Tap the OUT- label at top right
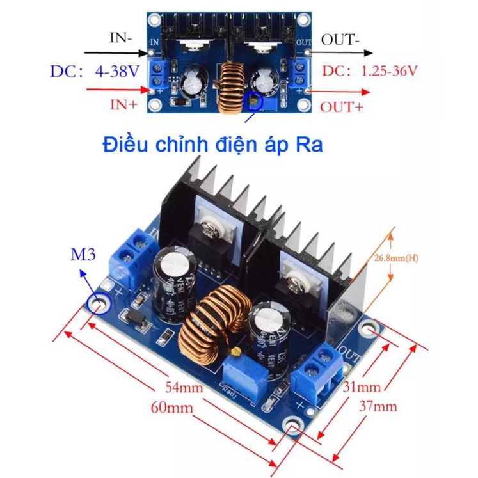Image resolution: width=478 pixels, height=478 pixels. [340, 40]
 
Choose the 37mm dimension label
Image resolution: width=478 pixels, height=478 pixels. [378, 406]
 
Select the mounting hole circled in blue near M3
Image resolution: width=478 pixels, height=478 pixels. [100, 300]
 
